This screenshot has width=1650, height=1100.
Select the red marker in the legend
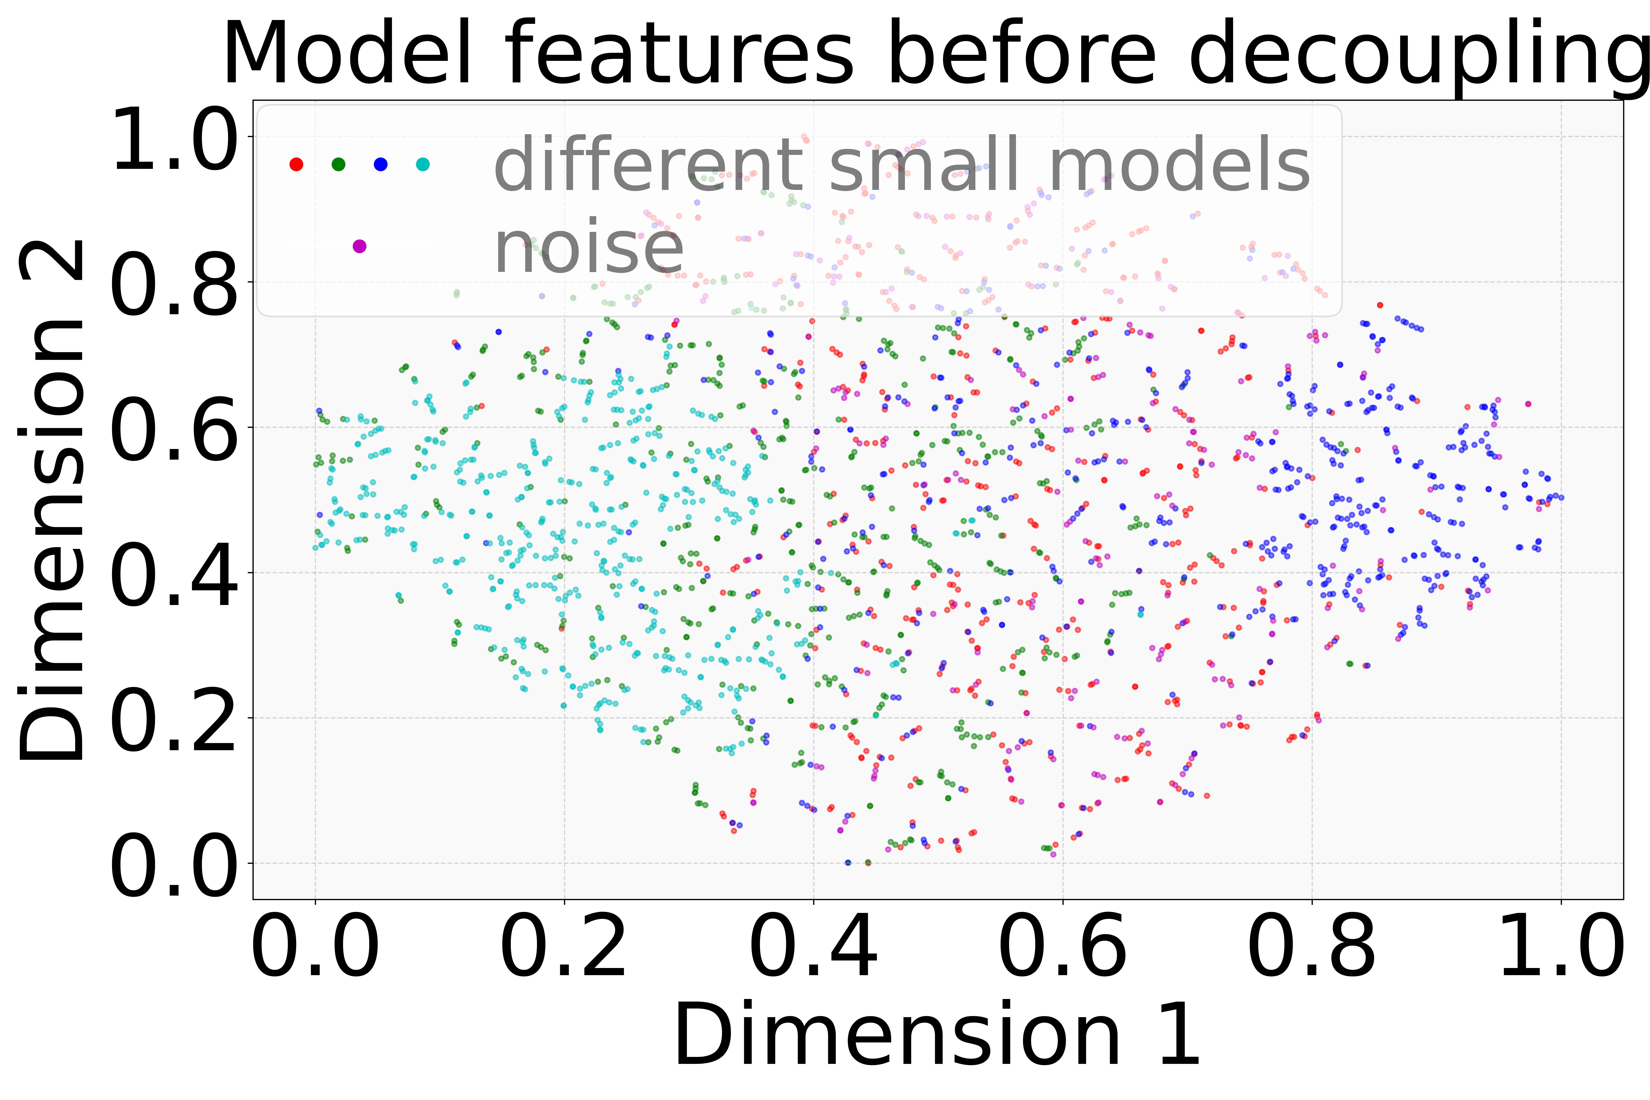[296, 164]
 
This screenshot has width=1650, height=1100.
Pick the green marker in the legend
[338, 164]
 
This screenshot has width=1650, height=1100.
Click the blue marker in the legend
[380, 164]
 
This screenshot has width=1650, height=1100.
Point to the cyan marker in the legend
[422, 164]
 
